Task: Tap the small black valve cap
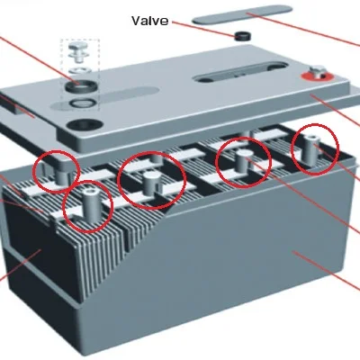click(241, 37)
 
